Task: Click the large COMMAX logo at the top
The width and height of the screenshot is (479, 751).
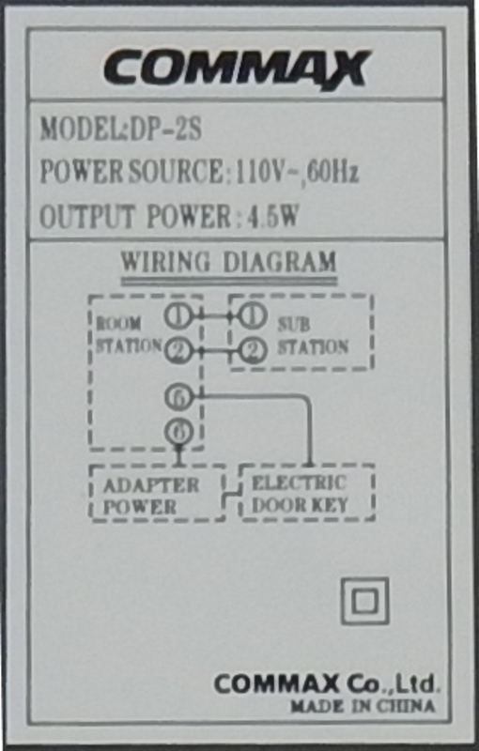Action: [237, 69]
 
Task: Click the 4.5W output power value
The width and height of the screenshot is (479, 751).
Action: [272, 216]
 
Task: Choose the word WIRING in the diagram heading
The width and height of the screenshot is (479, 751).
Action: [165, 262]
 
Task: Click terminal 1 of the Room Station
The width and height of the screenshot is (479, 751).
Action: [178, 315]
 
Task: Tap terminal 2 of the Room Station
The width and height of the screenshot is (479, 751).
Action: [178, 350]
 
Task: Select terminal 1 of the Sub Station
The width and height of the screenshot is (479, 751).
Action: [252, 315]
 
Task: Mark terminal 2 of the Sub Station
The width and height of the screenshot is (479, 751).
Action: [252, 351]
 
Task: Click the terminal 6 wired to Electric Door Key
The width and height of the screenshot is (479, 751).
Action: [178, 396]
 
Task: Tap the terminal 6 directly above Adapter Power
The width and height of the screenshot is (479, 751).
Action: [178, 432]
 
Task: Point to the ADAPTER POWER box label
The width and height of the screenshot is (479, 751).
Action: [150, 496]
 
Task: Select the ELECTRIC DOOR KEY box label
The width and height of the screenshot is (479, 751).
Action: [300, 494]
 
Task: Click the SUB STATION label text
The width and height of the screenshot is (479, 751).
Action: [313, 336]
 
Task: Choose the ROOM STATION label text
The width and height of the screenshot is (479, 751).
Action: [129, 335]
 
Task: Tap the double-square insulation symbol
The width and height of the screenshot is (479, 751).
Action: [364, 601]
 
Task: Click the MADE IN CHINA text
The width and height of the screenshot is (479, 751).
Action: [363, 706]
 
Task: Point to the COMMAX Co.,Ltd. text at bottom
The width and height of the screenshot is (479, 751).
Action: [326, 684]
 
